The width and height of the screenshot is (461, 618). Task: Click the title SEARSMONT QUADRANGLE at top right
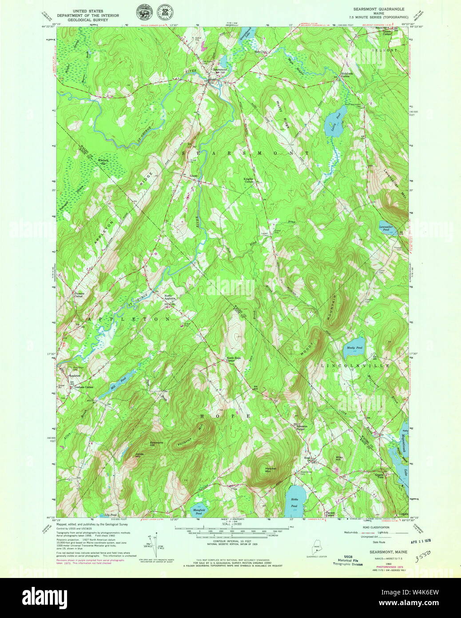379,9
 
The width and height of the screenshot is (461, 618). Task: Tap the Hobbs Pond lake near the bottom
294,498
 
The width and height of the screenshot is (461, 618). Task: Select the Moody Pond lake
354,352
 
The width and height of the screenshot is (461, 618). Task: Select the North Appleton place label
171,298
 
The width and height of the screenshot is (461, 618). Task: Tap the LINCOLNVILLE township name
355,365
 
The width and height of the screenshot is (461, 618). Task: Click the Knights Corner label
248,180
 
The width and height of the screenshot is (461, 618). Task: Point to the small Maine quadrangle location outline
316,547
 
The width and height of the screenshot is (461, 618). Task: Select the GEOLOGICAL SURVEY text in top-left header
87,20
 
